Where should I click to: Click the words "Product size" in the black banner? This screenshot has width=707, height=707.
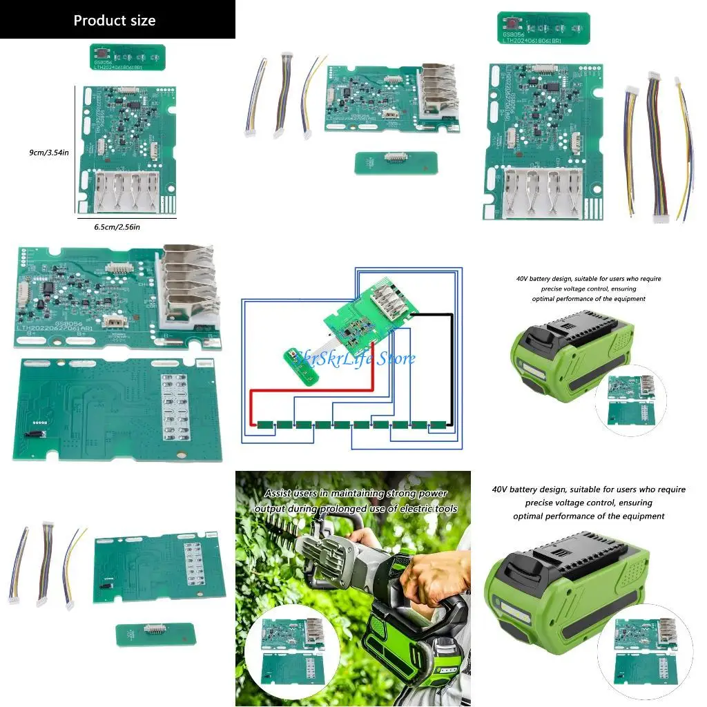pyautogui.click(x=115, y=20)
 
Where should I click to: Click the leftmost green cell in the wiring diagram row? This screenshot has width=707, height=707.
pyautogui.click(x=266, y=425)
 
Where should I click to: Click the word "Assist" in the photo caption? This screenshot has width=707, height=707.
pyautogui.click(x=280, y=494)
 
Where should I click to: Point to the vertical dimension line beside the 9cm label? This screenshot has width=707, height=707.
pyautogui.click(x=75, y=148)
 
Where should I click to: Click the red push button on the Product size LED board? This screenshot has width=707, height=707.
pyautogui.click(x=101, y=51)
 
